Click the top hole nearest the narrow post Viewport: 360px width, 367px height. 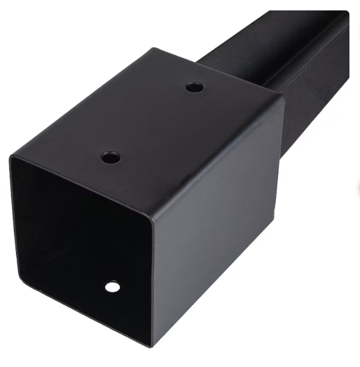[194, 87]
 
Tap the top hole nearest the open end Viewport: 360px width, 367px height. [111, 157]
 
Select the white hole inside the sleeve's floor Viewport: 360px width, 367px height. [113, 287]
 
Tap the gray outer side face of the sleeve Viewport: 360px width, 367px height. [222, 222]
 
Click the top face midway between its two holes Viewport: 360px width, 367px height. [153, 122]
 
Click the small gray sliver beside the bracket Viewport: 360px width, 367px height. [358, 189]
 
